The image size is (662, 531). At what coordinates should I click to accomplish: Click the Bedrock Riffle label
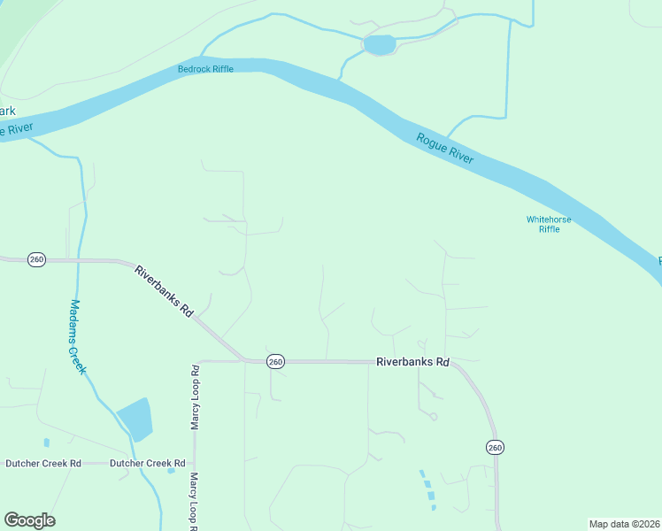point(205,69)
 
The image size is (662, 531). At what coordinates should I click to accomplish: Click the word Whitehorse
point(549,219)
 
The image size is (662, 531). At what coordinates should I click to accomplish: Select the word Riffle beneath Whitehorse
point(549,229)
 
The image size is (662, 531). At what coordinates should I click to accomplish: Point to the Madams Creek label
point(78,336)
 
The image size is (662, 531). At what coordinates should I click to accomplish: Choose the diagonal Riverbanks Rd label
point(164,291)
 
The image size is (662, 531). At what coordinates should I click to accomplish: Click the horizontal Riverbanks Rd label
point(412,362)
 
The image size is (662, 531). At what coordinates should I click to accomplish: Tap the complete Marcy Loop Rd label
point(196,396)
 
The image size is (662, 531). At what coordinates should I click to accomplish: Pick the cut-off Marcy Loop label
point(194,502)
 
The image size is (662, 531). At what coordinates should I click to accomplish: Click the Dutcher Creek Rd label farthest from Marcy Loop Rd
point(43,463)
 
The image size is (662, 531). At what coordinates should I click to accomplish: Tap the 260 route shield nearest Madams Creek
point(36,260)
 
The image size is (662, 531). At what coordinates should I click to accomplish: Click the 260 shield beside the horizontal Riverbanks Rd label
point(275,362)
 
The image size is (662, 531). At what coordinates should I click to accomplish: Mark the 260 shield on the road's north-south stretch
point(495,448)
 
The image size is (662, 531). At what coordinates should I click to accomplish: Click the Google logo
point(29,520)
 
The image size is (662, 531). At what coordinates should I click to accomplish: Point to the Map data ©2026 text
point(623,524)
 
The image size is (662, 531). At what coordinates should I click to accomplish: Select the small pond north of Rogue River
point(379,44)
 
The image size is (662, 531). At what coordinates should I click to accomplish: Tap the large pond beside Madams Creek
point(135,419)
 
